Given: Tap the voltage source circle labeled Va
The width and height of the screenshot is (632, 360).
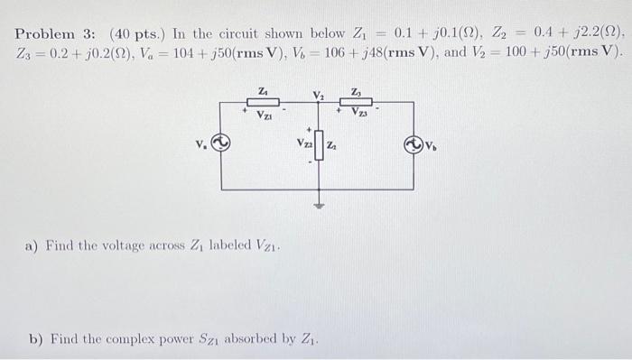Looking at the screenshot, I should tap(222, 142).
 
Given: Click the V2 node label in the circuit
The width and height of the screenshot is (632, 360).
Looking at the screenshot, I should tap(318, 95).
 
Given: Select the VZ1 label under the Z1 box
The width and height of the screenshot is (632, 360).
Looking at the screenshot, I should tap(265, 115).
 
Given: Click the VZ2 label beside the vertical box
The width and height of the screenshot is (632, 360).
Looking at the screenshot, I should tap(304, 143).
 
